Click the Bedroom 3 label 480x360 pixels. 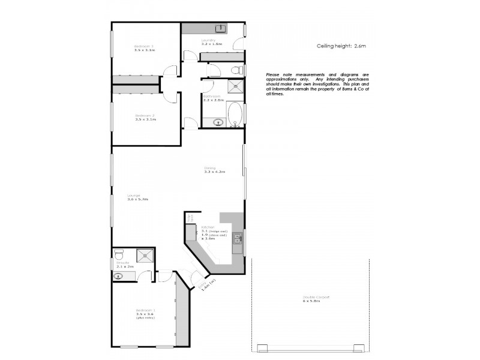(144, 46)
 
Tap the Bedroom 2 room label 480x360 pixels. (145, 115)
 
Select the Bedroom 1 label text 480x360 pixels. (145, 310)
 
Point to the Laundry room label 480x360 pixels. (208, 40)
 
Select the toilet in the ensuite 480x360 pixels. (119, 253)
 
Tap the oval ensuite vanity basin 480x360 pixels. (118, 277)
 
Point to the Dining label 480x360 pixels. (209, 168)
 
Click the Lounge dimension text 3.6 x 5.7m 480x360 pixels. (137, 199)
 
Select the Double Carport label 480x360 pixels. (316, 298)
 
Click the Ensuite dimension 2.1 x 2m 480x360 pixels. (124, 266)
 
